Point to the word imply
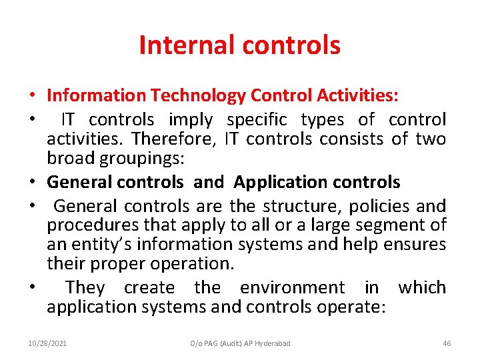(x=191, y=120)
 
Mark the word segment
(x=393, y=225)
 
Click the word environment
(x=293, y=288)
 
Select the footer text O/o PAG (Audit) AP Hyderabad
(x=240, y=343)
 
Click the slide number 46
(x=447, y=343)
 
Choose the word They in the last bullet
(x=85, y=288)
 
